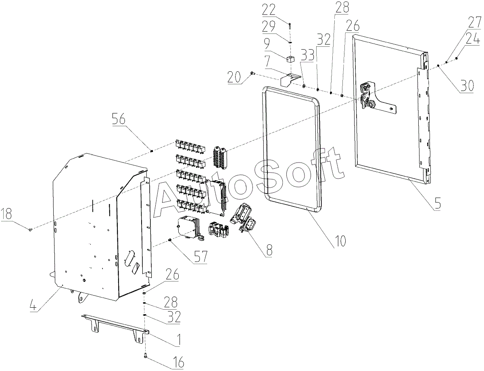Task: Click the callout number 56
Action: (x=119, y=120)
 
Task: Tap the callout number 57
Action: (x=200, y=257)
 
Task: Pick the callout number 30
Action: (x=466, y=86)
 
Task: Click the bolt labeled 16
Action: (x=146, y=356)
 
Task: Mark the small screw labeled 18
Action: (x=30, y=229)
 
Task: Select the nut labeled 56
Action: (x=152, y=151)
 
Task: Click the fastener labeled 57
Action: (x=169, y=240)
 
